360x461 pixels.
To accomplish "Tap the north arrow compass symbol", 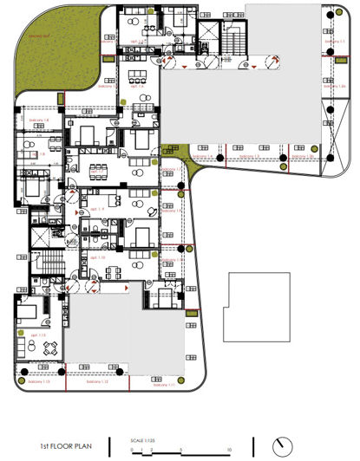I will pos(280,446).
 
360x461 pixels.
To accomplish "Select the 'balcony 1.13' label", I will pos(41,382).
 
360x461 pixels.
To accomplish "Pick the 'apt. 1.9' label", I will pos(97,210).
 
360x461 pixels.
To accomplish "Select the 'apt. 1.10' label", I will pos(97,257).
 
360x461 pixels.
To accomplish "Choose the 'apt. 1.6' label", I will pos(136,87).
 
